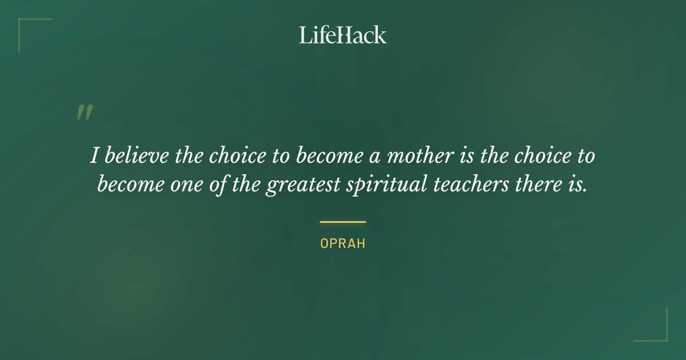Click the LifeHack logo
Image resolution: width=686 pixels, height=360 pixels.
[343, 35]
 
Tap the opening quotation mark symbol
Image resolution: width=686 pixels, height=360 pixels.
[85, 113]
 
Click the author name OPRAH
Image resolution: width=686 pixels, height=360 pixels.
[343, 243]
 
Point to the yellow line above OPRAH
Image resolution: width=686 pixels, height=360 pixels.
[343, 222]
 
